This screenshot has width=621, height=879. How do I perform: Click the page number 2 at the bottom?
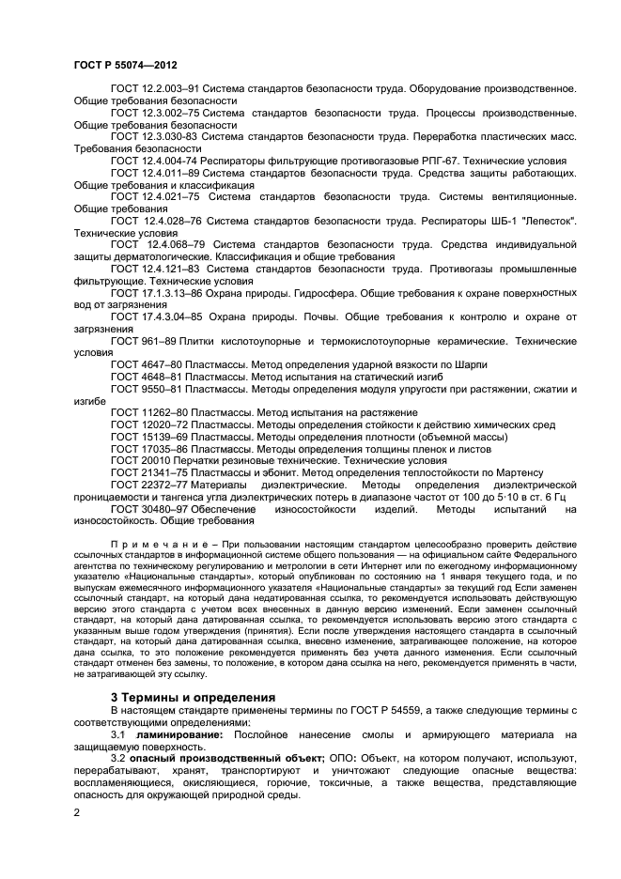[77, 809]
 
